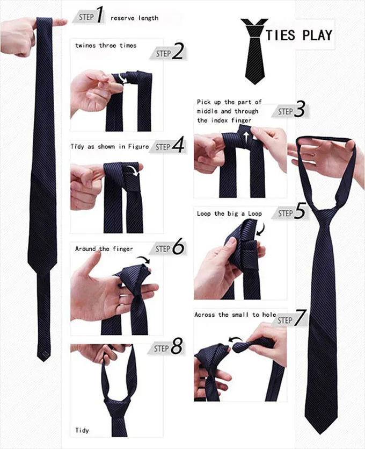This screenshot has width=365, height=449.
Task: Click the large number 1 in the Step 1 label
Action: click(x=99, y=16)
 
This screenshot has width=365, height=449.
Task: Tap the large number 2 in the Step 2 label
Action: click(x=178, y=52)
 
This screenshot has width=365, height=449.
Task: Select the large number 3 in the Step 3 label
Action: click(x=300, y=110)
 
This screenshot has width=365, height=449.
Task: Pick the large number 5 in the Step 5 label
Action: click(x=300, y=212)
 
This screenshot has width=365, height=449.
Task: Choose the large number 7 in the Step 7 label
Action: click(x=300, y=319)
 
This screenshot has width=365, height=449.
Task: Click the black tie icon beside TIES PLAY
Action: click(x=254, y=51)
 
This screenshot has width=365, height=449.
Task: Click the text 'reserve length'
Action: click(x=134, y=18)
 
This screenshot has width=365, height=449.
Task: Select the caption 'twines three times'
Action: click(x=106, y=46)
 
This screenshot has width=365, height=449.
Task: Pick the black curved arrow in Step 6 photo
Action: click(x=143, y=260)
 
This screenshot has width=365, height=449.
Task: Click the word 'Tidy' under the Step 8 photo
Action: click(x=82, y=431)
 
